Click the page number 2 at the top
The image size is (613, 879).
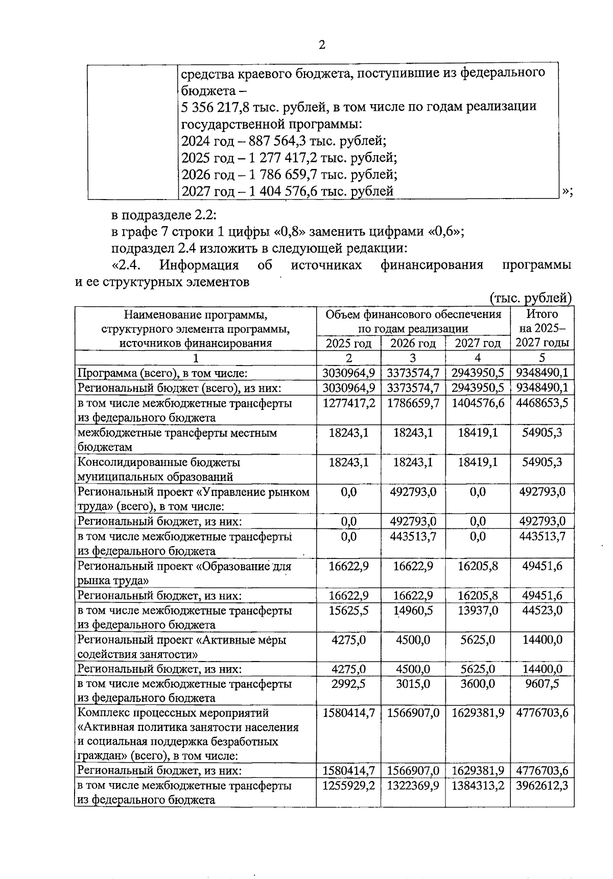321,45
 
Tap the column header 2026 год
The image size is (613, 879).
413,343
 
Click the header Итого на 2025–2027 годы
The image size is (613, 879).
542,328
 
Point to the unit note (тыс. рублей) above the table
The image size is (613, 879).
530,298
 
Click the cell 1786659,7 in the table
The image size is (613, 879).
413,403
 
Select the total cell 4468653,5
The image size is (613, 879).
542,403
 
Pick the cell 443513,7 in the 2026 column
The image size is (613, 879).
413,536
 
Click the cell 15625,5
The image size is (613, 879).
349,611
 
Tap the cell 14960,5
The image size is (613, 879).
413,611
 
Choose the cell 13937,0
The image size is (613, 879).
478,611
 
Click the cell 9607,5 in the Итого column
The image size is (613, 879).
542,683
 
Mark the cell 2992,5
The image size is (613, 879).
349,683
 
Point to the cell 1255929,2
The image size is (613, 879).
349,786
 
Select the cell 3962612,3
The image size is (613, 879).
542,786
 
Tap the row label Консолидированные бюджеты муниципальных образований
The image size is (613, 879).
158,470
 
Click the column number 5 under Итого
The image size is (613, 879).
542,357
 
